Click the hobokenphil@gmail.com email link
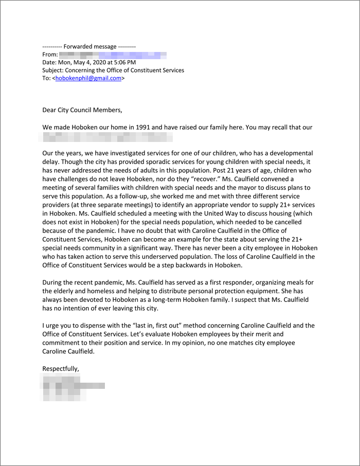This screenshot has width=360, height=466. [x=88, y=78]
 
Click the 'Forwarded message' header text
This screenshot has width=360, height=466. [x=92, y=46]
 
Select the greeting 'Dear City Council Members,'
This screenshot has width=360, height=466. [x=82, y=110]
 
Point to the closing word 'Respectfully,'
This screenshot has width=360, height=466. [x=61, y=369]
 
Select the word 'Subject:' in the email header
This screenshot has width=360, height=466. [x=52, y=70]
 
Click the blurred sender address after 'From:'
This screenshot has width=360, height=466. [x=113, y=54]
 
